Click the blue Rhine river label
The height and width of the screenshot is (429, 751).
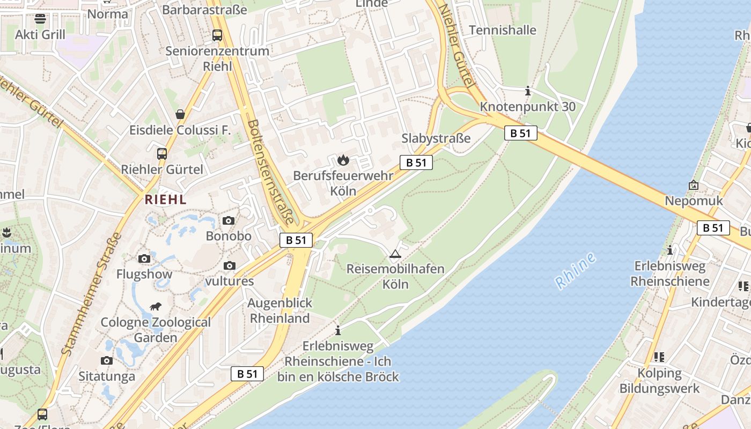coord(576,270)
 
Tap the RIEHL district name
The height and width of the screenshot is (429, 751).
coord(166,199)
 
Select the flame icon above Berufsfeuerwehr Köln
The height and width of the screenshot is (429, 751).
coord(343,159)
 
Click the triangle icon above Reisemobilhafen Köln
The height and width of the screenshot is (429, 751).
coord(395,254)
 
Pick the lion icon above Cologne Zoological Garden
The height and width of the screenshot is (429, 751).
coord(156,307)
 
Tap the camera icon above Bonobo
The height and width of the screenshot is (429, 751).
coord(229,220)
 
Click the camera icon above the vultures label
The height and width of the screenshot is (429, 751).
coord(230,265)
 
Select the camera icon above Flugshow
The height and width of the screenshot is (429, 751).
coord(144,259)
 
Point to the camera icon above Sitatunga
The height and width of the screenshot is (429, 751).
coord(107,360)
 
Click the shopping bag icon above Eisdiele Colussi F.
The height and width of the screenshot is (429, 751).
coord(180,114)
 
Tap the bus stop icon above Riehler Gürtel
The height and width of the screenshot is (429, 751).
coord(162,154)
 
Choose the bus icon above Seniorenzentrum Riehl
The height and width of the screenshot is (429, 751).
coord(217,35)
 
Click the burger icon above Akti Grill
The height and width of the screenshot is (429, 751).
coord(40,19)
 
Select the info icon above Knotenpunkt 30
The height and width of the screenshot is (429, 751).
coord(528,91)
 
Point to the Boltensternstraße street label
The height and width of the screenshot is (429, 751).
coord(270,171)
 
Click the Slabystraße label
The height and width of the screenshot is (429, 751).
coord(436,138)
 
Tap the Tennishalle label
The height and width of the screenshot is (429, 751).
coord(503,30)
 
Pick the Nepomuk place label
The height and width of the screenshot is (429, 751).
coord(694,201)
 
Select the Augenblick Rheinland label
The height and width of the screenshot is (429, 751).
coord(279,310)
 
